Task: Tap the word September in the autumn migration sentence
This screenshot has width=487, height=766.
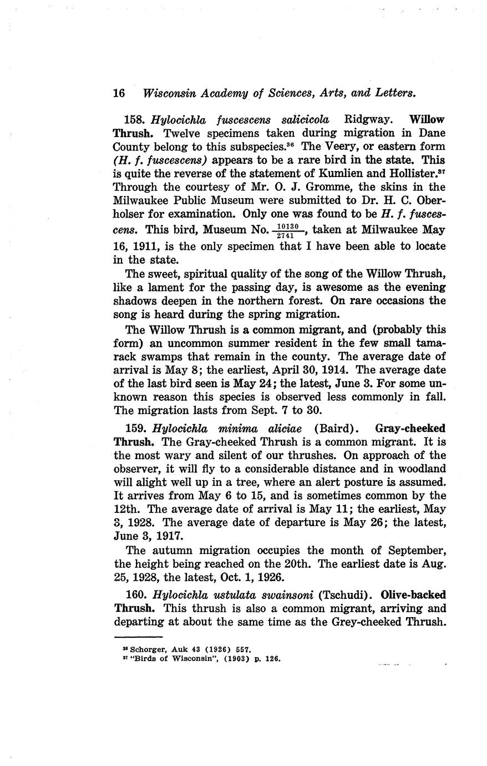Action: click(415, 551)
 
